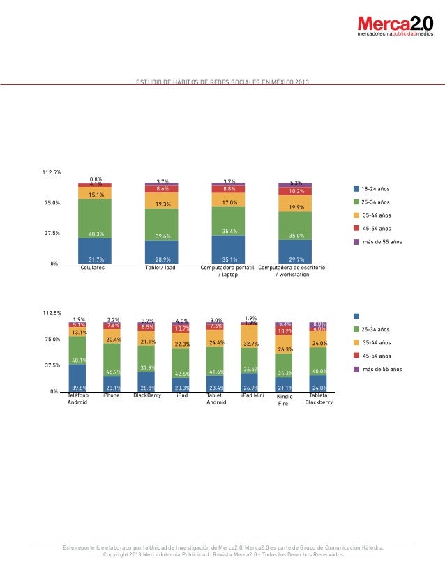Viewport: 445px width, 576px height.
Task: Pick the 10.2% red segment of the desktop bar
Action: tap(295, 190)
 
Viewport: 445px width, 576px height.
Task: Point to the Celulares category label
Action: tap(93, 268)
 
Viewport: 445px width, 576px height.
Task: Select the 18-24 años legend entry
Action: tap(375, 189)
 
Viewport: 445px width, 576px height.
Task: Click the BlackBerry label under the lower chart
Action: tap(146, 395)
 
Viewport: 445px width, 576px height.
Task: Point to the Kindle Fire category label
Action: tap(284, 400)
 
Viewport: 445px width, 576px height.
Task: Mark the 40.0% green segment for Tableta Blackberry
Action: tap(318, 362)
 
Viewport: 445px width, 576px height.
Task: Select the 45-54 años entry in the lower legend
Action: tap(375, 356)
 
